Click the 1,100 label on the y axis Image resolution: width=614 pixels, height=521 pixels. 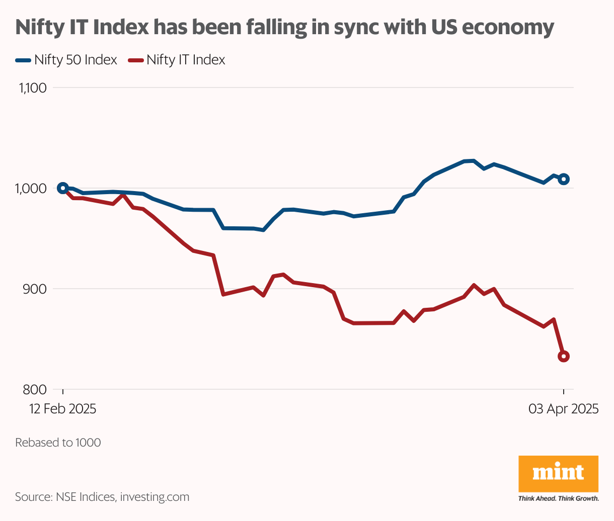(x=32, y=89)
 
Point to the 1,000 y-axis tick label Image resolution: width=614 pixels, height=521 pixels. (x=32, y=189)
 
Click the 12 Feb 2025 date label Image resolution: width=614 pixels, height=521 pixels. (x=62, y=409)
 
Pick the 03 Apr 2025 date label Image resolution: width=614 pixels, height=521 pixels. (x=563, y=409)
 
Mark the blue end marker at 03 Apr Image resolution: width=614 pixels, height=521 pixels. (x=564, y=179)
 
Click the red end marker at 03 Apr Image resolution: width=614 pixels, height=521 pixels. (x=564, y=357)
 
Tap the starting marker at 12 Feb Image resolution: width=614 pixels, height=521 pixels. (x=62, y=188)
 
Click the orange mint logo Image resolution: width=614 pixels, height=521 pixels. (x=558, y=473)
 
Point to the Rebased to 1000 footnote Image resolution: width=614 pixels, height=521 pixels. (x=58, y=443)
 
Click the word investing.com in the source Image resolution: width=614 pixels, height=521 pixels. (x=155, y=497)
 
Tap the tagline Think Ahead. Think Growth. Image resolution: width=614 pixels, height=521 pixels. (x=558, y=499)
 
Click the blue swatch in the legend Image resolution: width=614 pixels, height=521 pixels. (x=23, y=60)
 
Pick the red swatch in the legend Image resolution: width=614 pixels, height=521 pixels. (x=136, y=60)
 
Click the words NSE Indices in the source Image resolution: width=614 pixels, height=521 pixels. (x=85, y=497)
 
